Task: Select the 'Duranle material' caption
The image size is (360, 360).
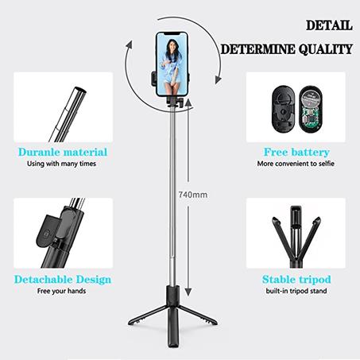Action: (64, 152)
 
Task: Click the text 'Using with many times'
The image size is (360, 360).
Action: (64, 165)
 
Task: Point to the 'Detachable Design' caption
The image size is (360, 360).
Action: (63, 280)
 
